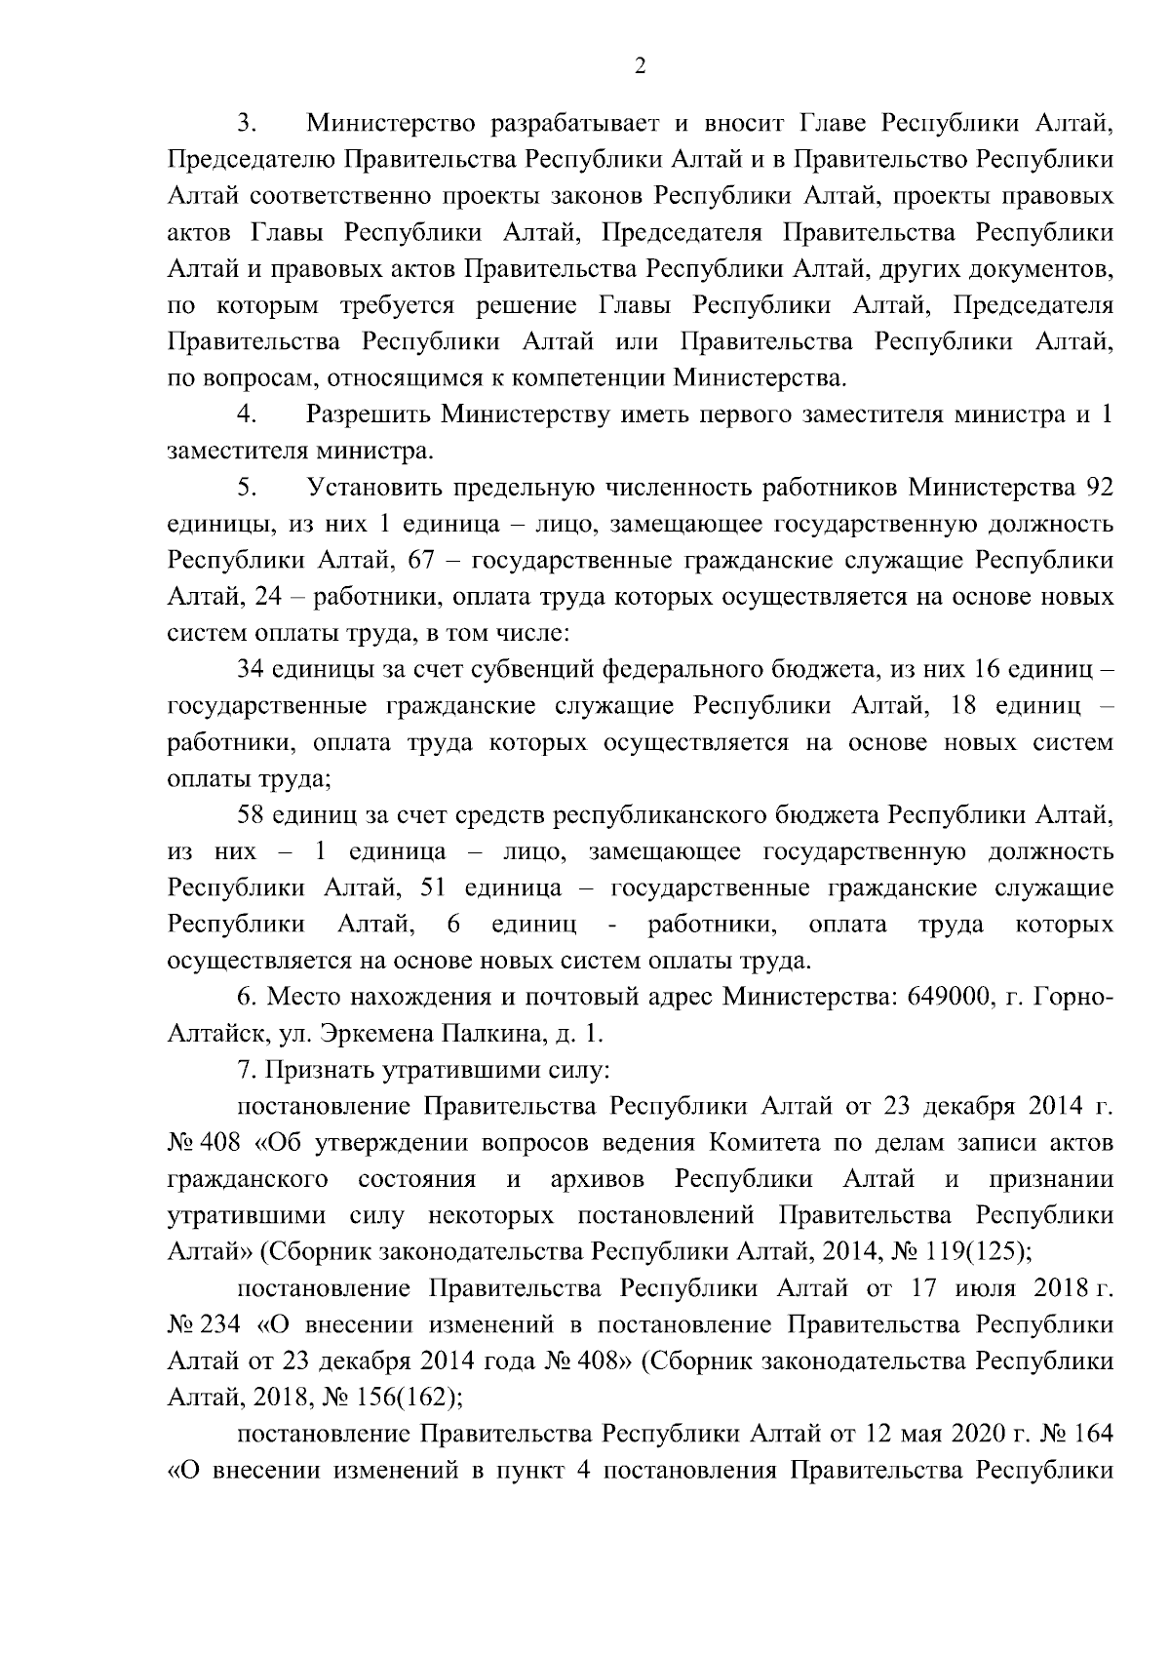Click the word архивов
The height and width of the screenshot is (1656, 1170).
pos(597,1179)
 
